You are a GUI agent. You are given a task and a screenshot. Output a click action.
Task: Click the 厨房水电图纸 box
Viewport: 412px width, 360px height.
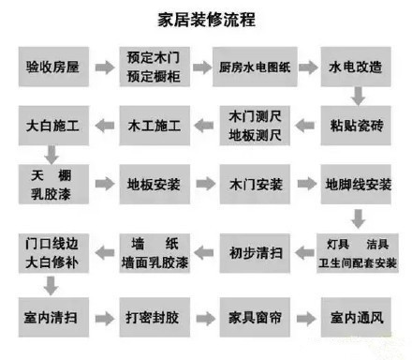256,67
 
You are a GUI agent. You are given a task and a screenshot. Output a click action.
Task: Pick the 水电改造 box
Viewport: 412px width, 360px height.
356,67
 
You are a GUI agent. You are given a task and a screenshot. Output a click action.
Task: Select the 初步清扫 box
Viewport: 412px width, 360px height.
256,250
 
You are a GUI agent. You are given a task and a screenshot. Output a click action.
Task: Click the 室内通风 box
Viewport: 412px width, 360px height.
356,311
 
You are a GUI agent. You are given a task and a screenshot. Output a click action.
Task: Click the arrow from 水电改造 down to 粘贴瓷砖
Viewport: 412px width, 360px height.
357,95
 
